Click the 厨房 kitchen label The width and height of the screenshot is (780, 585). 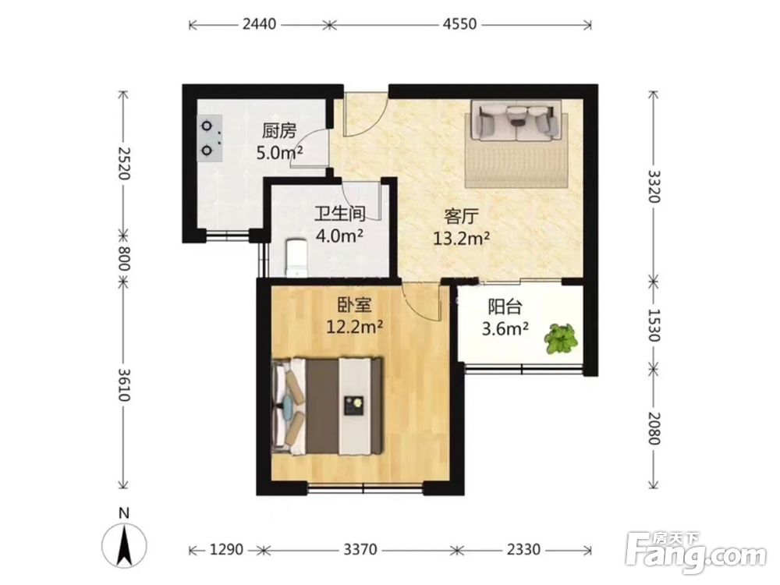tap(279, 131)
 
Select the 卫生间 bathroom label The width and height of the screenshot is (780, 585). tap(340, 214)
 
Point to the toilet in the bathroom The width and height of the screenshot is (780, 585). tap(297, 257)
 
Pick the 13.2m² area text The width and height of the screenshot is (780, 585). tap(461, 239)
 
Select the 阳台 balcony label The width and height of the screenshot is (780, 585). tap(505, 307)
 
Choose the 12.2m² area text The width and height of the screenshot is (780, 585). tap(354, 326)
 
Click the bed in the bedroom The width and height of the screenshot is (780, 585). tap(328, 406)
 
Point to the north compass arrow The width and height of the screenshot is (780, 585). tap(124, 544)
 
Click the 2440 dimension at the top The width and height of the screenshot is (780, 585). tap(259, 24)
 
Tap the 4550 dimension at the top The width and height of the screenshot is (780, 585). tap(459, 24)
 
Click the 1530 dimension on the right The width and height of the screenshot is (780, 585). tap(654, 325)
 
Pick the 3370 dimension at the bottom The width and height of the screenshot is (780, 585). tap(360, 550)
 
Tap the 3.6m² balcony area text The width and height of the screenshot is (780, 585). tap(505, 328)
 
